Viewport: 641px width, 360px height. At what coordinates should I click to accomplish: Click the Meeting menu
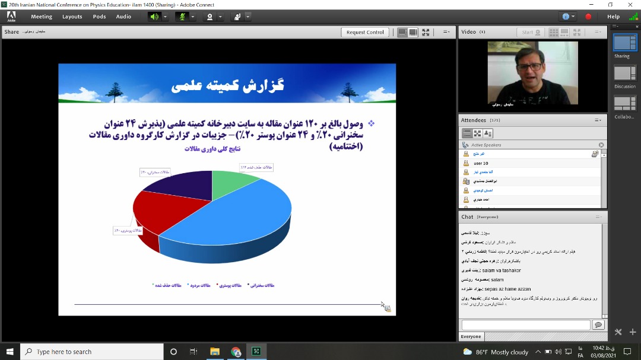pos(42,17)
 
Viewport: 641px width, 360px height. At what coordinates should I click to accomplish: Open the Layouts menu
pos(72,17)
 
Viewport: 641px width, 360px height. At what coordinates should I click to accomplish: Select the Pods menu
pos(99,17)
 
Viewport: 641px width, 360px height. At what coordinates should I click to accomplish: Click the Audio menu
pos(123,17)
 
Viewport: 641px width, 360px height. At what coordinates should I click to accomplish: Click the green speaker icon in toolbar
pos(154,17)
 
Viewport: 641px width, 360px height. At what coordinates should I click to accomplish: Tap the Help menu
pos(613,17)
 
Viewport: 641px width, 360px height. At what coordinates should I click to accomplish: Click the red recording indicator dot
pos(588,17)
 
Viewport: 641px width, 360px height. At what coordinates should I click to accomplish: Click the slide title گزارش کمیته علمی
pos(227,85)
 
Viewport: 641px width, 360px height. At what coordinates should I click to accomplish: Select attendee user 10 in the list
pos(481,163)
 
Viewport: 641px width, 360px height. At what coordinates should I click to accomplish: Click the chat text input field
pos(525,325)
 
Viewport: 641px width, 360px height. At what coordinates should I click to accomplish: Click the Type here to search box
pos(92,352)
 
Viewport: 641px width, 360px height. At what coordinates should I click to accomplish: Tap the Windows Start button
pos(9,352)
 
